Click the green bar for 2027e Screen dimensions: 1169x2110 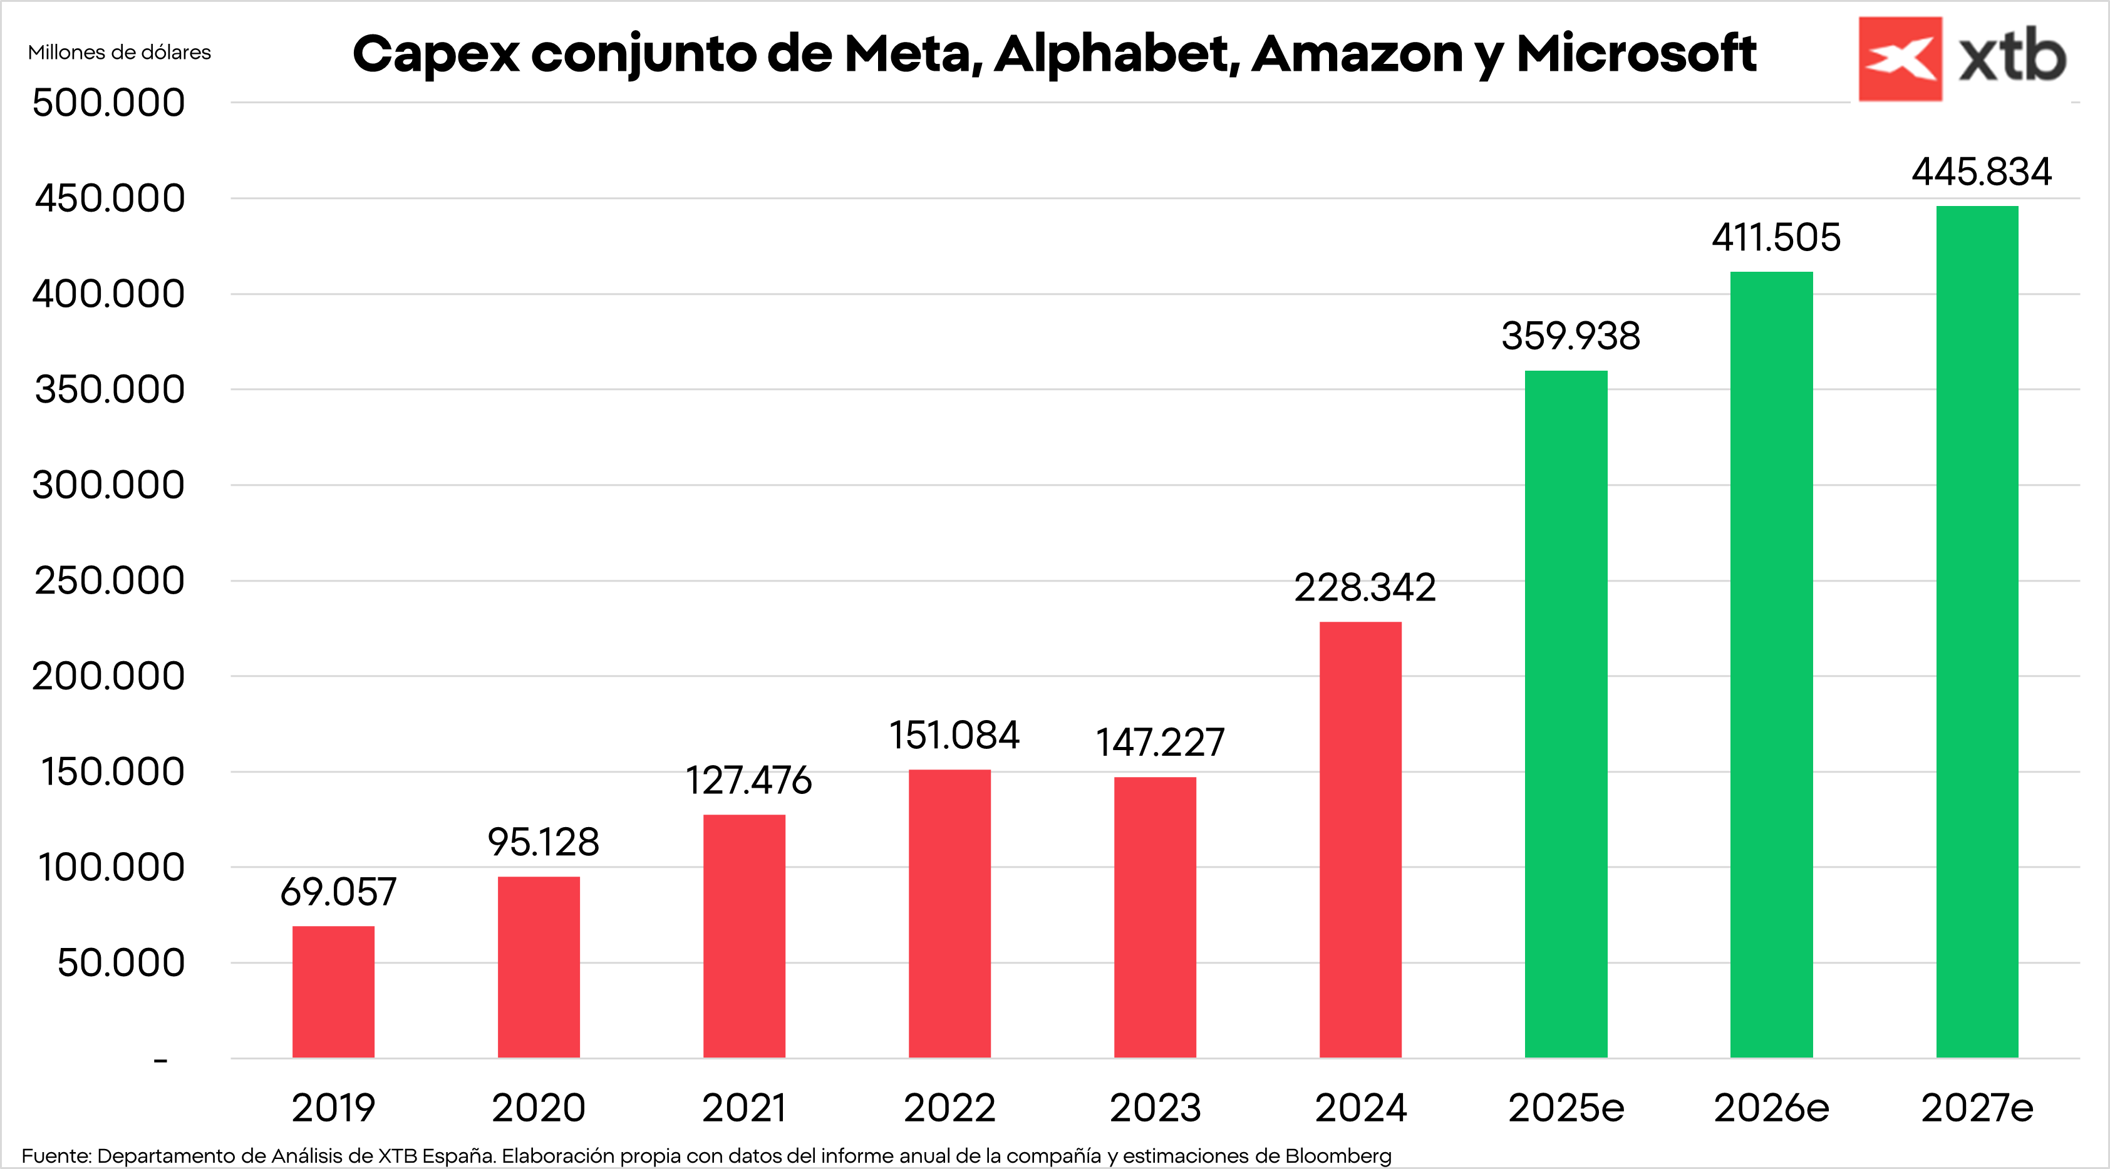(1977, 631)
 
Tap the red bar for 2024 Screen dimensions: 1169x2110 (1360, 839)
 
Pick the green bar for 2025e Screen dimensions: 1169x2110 (1565, 714)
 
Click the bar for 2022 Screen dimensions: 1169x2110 (949, 913)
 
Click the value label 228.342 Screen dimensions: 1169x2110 (1364, 588)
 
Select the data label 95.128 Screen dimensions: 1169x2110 (543, 842)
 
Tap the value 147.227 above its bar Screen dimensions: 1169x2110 (1159, 743)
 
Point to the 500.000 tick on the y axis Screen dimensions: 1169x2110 (108, 103)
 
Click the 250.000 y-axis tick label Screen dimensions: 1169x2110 (109, 581)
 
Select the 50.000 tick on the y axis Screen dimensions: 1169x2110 (120, 963)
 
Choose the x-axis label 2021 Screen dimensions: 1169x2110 (744, 1108)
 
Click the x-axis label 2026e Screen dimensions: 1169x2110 (1771, 1108)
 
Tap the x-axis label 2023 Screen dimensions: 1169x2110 (1155, 1108)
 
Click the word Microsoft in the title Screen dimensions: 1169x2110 (1636, 54)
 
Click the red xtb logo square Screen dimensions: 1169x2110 (1900, 59)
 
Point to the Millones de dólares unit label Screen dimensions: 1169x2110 (119, 53)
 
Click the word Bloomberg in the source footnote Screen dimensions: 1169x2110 (1338, 1155)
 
